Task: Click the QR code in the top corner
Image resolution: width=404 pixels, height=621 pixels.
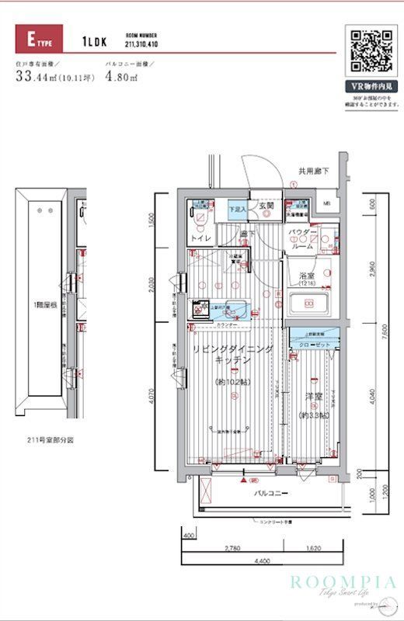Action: (x=370, y=50)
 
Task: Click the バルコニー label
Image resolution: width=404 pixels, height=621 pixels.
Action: (x=271, y=493)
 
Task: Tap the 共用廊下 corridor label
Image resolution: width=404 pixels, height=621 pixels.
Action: (x=312, y=171)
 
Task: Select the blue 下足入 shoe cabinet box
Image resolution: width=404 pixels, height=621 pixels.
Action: (x=237, y=210)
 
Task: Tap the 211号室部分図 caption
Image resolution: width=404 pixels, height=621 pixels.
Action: (x=50, y=439)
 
